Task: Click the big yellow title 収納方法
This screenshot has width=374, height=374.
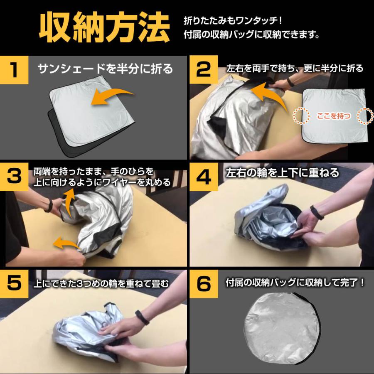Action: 104,28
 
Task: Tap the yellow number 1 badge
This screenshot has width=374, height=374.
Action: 14,70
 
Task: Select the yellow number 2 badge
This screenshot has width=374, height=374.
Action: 204,70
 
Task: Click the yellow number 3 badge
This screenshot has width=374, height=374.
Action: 14,177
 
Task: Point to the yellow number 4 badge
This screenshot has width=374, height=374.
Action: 204,177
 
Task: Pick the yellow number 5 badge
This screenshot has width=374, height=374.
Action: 14,284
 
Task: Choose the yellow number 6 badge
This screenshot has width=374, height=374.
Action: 204,284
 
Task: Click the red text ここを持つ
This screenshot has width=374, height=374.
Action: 334,116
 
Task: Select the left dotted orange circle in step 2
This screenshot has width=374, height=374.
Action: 301,116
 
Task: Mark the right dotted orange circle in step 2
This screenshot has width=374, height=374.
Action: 365,116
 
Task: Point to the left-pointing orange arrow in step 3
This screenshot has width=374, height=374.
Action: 66,243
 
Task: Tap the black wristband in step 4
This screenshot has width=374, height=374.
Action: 317,212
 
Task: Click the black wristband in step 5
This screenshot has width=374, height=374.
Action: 142,317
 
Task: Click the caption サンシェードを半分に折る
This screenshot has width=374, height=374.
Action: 105,69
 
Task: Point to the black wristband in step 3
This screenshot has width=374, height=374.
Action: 49,206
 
